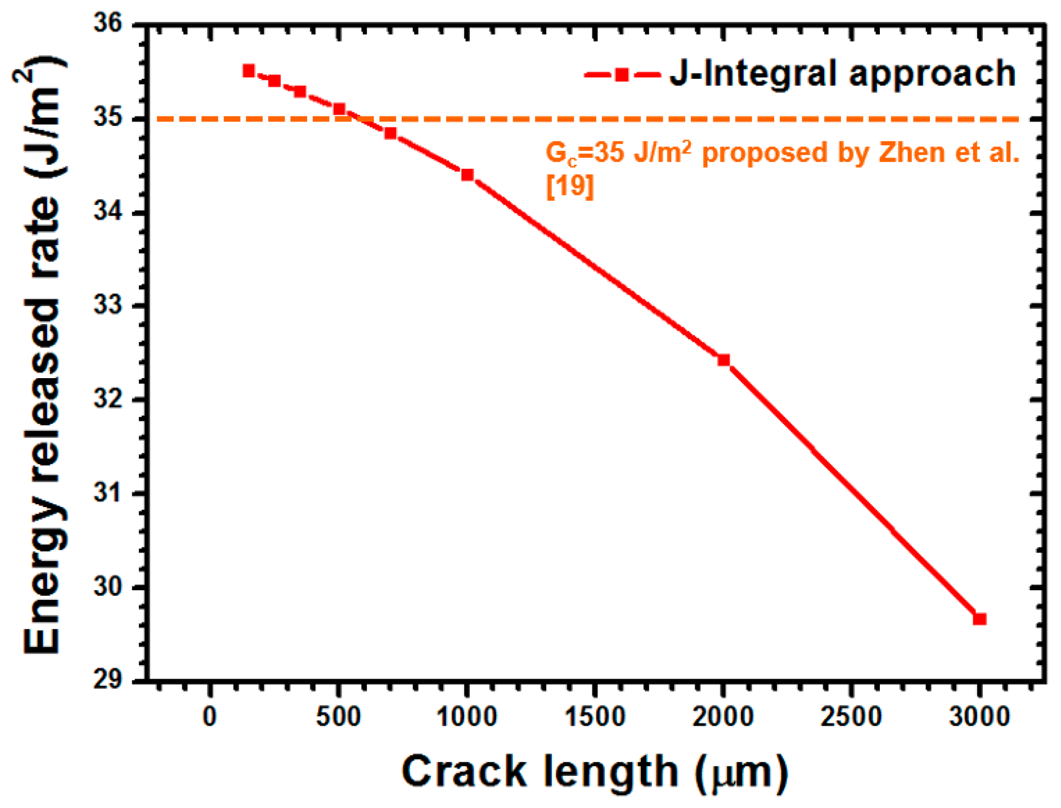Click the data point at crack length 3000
(x=979, y=619)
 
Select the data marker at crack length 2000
(x=723, y=360)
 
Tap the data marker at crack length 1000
(x=467, y=175)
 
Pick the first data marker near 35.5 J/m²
(x=249, y=70)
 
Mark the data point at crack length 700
(x=390, y=133)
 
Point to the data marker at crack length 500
(x=339, y=109)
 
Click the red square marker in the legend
(x=621, y=75)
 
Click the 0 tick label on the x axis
(x=209, y=717)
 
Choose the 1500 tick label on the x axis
(x=595, y=717)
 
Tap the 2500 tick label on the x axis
(x=851, y=717)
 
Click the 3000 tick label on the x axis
(x=979, y=717)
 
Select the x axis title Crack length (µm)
(x=595, y=772)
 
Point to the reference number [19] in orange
(x=570, y=186)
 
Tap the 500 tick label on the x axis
(x=338, y=717)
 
